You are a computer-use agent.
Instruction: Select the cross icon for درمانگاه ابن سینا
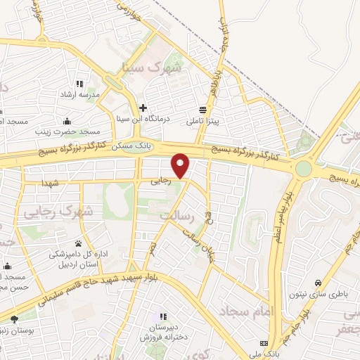point(143,108)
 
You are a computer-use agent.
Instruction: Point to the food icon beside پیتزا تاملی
point(203,109)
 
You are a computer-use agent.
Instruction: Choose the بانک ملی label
point(271,354)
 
